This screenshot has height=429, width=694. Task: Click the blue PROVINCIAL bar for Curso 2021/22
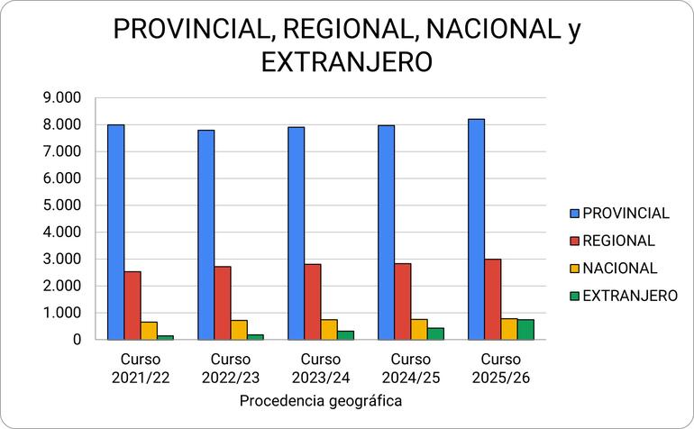click(x=116, y=232)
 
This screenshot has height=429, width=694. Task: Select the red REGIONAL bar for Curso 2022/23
click(x=223, y=303)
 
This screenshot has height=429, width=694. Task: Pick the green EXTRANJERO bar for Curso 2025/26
click(x=525, y=330)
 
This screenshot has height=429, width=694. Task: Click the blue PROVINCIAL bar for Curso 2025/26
click(x=477, y=229)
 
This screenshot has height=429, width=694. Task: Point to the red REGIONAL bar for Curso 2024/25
click(x=403, y=301)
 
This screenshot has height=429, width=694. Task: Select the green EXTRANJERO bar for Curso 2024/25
click(x=435, y=333)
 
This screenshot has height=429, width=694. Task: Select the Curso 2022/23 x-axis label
click(x=230, y=369)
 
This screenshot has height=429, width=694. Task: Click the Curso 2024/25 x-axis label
click(x=410, y=369)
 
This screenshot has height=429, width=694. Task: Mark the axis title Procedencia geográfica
click(x=321, y=400)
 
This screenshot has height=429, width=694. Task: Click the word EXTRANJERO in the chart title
click(x=347, y=62)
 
